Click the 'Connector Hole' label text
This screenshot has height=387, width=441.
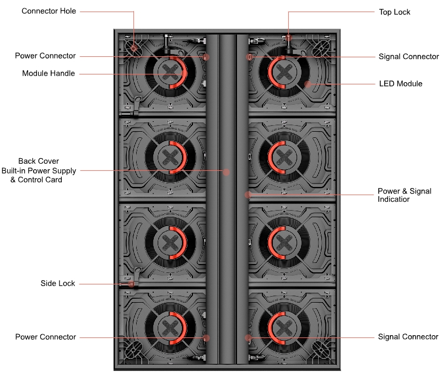(49, 11)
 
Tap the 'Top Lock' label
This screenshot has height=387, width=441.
(394, 12)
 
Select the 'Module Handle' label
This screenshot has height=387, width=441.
(49, 73)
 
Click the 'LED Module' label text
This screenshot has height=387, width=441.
(401, 84)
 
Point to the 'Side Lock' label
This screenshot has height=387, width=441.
(58, 283)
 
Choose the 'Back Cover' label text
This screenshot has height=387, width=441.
(39, 161)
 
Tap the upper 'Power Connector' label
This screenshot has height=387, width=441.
(45, 56)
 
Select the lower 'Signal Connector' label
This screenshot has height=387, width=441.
(408, 337)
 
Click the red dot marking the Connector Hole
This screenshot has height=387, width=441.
(134, 47)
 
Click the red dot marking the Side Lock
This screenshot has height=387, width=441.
(131, 284)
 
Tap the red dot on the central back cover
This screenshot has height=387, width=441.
(226, 171)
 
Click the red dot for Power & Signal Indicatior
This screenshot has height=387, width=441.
(248, 195)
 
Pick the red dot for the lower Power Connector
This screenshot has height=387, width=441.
(206, 337)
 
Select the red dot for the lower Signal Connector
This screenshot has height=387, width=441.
(248, 337)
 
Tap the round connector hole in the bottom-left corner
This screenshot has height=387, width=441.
(132, 349)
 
